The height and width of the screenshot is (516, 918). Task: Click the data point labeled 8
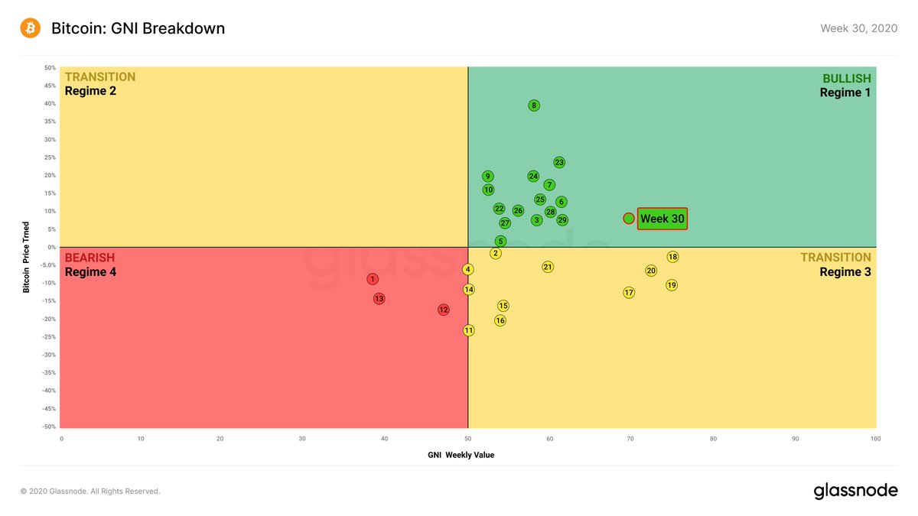click(534, 105)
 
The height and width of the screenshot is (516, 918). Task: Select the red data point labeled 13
click(379, 299)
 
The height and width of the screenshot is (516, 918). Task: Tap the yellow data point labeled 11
click(469, 330)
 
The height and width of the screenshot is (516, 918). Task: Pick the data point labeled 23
click(559, 163)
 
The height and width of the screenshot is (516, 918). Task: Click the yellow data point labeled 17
click(629, 292)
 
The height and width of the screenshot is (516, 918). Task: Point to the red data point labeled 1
click(373, 279)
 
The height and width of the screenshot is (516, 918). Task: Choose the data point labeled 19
click(672, 285)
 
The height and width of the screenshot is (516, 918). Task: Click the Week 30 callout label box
click(662, 219)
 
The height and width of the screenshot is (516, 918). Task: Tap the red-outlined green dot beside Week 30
click(629, 219)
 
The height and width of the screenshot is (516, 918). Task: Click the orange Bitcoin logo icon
click(31, 28)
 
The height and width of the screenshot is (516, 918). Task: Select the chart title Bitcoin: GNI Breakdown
click(138, 28)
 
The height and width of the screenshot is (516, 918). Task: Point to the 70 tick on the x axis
click(630, 439)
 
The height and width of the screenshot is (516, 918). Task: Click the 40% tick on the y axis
click(50, 104)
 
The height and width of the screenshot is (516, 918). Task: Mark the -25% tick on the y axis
click(49, 337)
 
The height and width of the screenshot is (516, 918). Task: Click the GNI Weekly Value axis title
click(461, 455)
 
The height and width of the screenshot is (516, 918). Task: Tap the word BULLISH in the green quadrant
click(847, 78)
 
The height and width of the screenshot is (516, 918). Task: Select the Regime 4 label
click(90, 272)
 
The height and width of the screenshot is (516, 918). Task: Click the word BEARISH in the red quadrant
click(90, 258)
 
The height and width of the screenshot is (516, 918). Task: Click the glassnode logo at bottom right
click(856, 491)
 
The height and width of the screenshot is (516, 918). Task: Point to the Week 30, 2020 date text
click(859, 28)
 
